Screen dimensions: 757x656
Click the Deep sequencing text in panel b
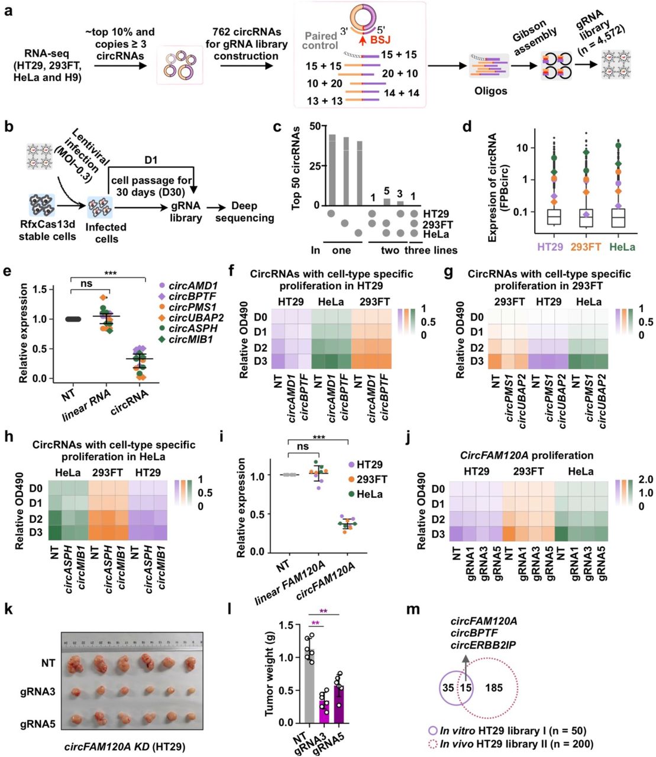coord(244,212)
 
